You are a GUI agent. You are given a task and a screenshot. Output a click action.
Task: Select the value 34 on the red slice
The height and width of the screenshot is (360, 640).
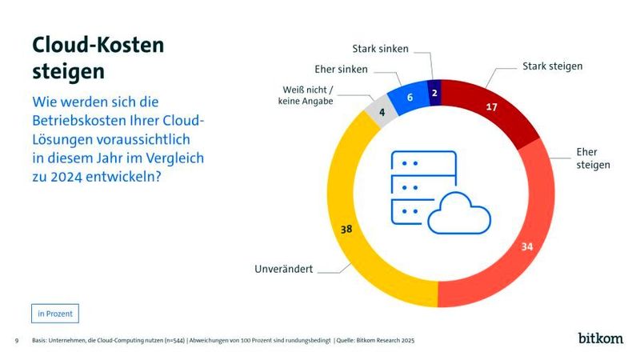(x=527, y=246)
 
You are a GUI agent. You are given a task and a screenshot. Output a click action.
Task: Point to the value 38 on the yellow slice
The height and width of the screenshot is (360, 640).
(x=346, y=229)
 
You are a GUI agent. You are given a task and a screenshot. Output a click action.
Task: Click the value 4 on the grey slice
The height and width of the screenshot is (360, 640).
(x=383, y=113)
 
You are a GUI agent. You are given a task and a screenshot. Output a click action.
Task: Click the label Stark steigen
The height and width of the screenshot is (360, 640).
(x=552, y=66)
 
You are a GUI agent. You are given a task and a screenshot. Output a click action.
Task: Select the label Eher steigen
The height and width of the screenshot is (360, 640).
(x=593, y=158)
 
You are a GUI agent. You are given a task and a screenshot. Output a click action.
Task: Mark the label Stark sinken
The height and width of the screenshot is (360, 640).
(x=380, y=49)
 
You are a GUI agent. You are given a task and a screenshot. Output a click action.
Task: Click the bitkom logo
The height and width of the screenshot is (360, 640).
(x=600, y=338)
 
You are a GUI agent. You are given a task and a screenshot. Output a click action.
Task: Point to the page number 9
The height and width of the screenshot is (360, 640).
(x=16, y=341)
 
